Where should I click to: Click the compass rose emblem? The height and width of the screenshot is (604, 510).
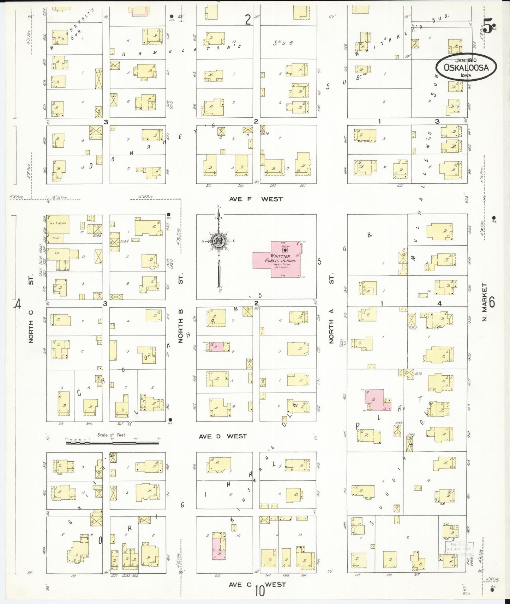coord(218,241)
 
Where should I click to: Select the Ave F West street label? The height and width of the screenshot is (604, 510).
coord(256,199)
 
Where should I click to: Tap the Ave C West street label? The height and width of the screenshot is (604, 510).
coord(257,585)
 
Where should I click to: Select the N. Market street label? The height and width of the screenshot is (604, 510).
coord(484,303)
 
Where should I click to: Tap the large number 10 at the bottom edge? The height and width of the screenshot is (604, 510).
coord(260,591)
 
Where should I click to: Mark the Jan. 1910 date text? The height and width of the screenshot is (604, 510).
coord(466,60)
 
